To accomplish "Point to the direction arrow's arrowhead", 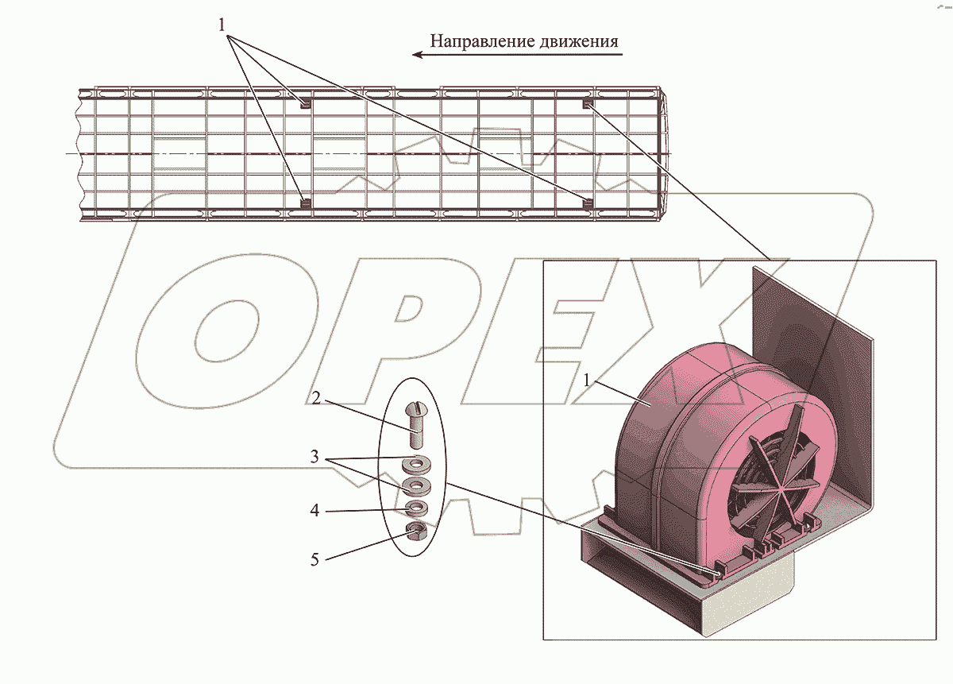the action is (x=417, y=55).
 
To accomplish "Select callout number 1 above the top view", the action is (x=223, y=25).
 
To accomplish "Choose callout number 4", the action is (x=315, y=511).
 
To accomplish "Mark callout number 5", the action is (x=315, y=559).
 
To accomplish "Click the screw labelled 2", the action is (x=416, y=424).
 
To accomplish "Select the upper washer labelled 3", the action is (x=414, y=462).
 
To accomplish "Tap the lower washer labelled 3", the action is (x=415, y=484).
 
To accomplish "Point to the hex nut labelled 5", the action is (x=415, y=531).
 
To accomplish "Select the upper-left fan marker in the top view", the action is (x=304, y=102).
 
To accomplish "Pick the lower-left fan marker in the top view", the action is (x=304, y=203).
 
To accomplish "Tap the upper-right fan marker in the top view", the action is (x=588, y=104).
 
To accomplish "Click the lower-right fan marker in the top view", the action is (x=588, y=203).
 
